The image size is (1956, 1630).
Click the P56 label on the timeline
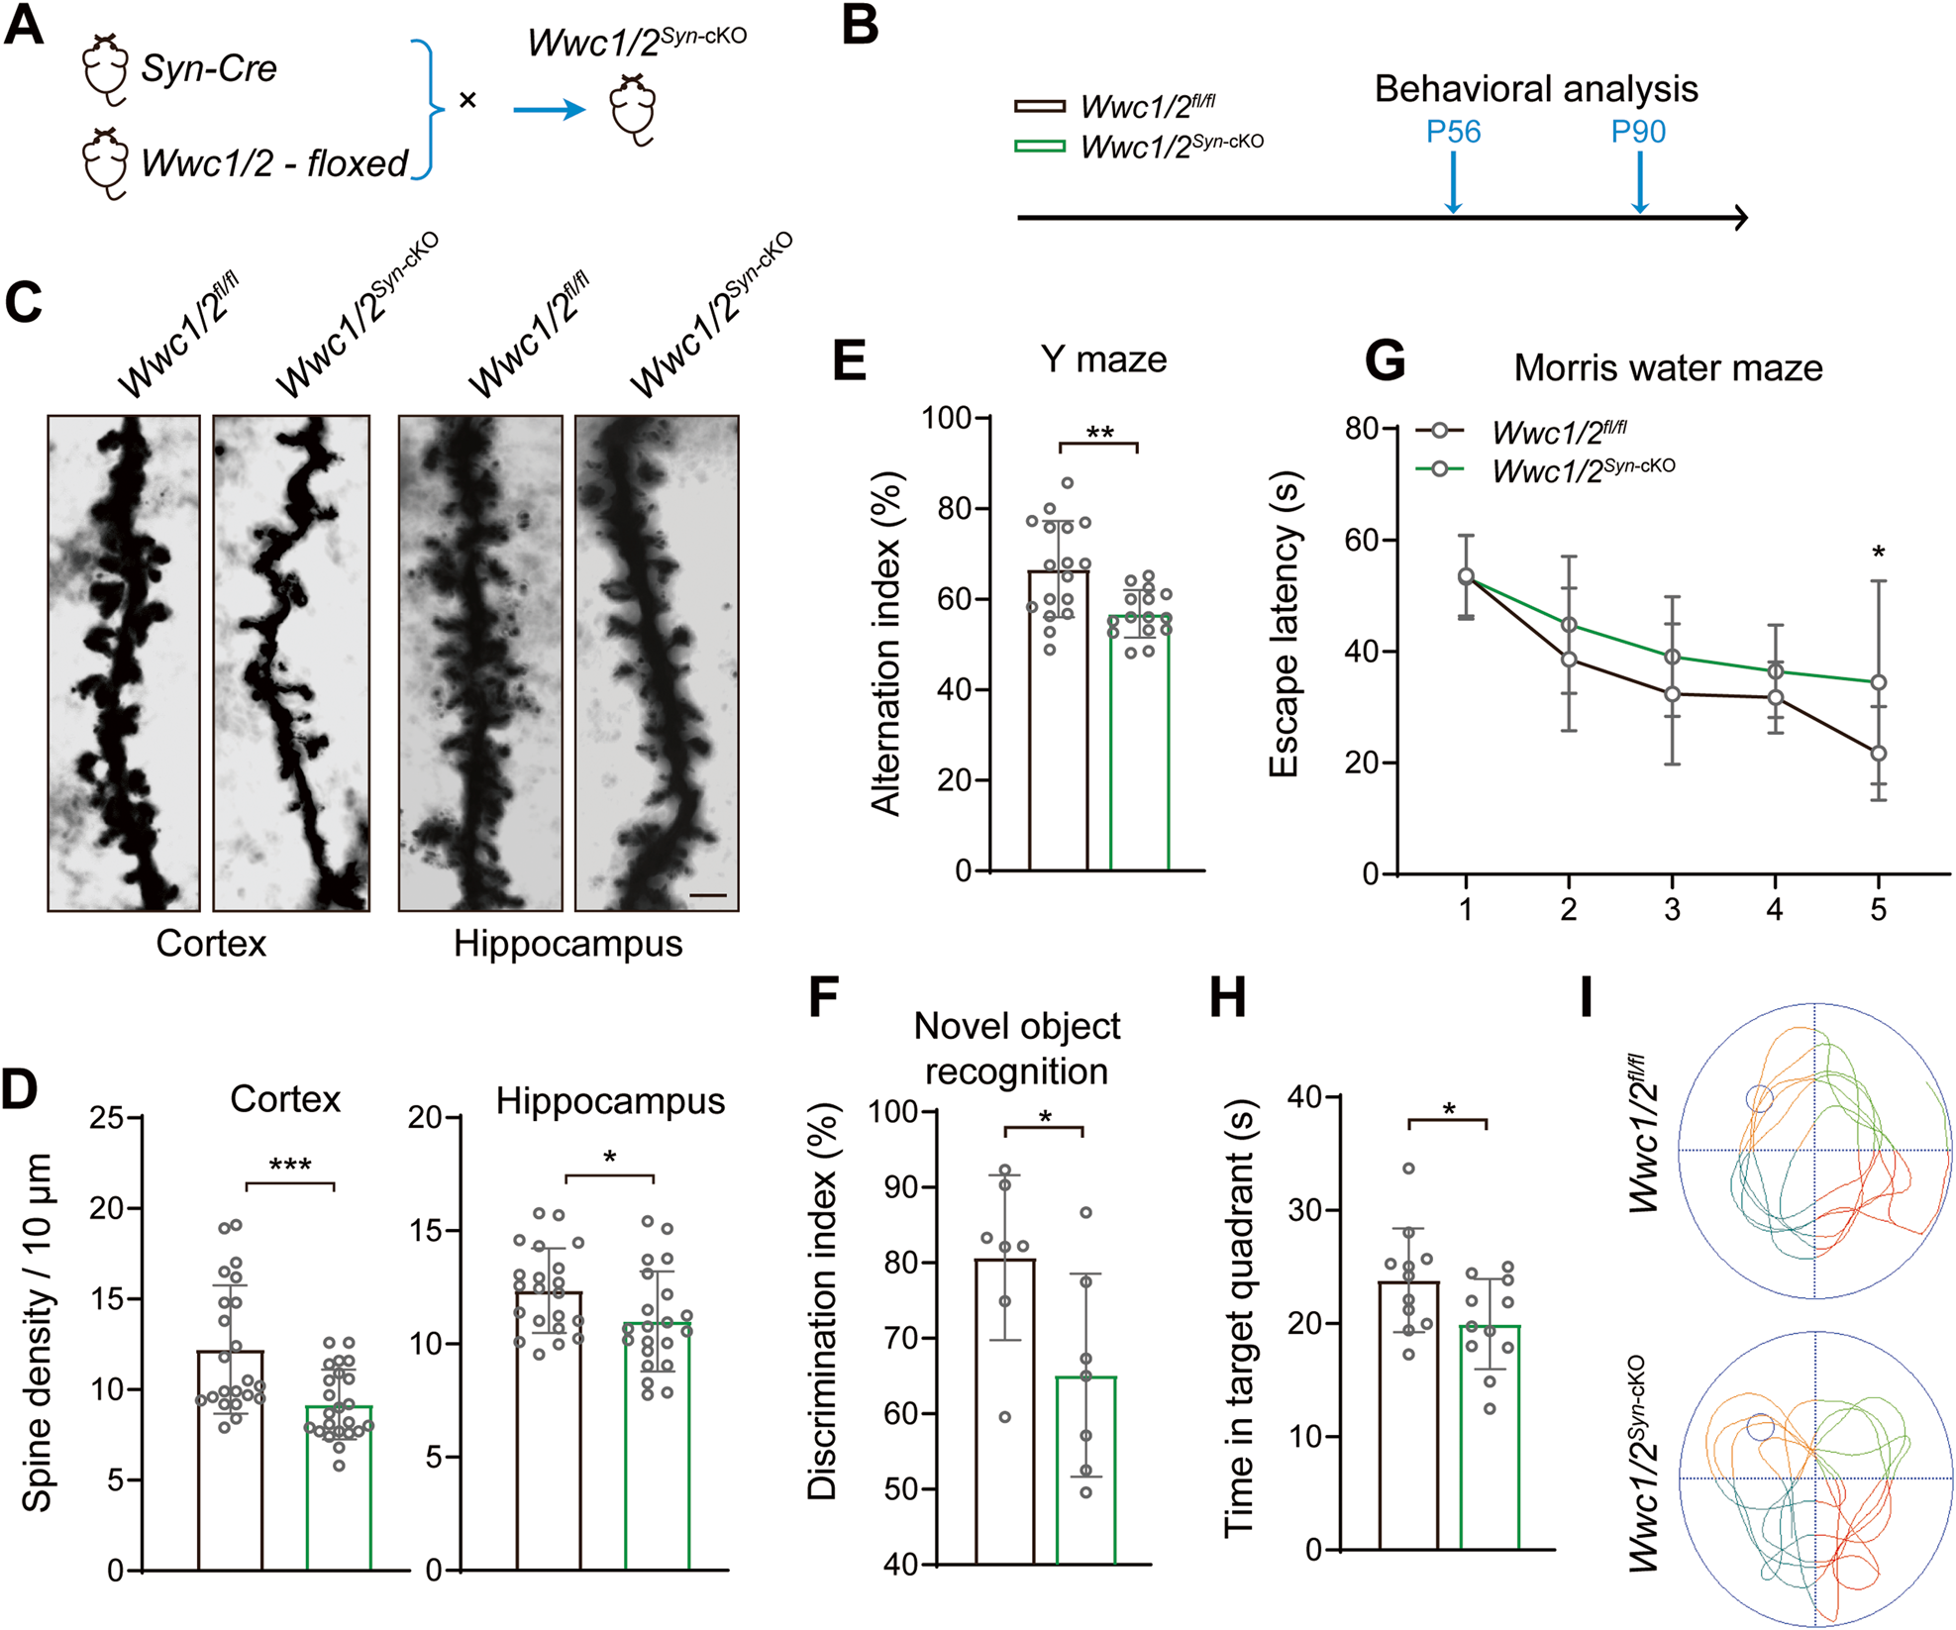coord(1452,132)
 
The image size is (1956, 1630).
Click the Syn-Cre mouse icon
coord(104,69)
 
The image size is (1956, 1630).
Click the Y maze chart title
coord(1103,358)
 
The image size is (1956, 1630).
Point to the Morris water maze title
coord(1668,368)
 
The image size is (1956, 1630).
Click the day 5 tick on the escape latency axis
coord(1878,908)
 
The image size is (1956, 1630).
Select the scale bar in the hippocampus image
coord(707,895)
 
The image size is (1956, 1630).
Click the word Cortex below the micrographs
coord(211,943)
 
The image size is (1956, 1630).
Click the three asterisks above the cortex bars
coord(290,1166)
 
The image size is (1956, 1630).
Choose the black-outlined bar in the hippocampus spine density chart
coord(548,1436)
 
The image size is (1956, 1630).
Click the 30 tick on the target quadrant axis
coord(1305,1210)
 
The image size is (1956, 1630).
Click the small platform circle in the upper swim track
coord(1759,1097)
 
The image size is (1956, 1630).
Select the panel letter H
coord(1228,997)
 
